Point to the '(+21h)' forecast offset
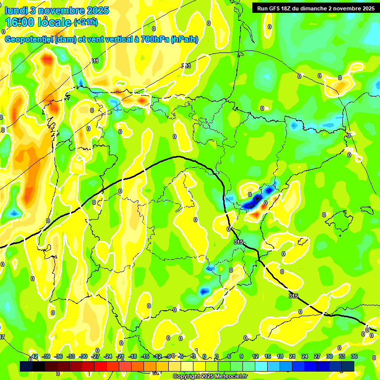[86, 22]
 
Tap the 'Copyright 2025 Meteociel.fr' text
[210, 376]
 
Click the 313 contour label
[186, 66]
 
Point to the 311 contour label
[95, 61]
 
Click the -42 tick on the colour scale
[34, 356]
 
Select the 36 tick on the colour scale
[354, 356]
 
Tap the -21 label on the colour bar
[120, 356]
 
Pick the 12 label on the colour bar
[255, 356]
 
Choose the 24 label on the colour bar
[305, 356]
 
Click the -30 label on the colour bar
[83, 356]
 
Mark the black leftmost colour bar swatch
[26, 366]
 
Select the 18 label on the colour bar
[280, 356]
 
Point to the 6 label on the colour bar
[229, 356]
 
